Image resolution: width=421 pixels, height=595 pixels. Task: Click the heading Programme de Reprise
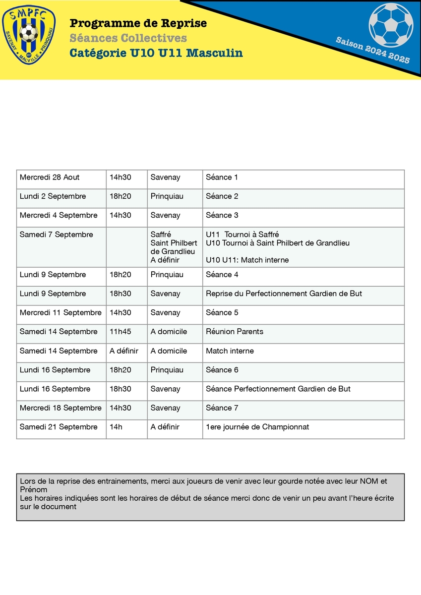[x=138, y=23]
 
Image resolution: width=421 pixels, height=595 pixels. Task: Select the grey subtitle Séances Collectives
[x=128, y=38]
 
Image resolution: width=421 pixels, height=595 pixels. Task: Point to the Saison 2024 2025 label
[x=373, y=50]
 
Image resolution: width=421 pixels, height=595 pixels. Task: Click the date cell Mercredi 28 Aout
[x=50, y=178]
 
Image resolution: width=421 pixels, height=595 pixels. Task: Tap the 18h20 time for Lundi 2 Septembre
[x=120, y=196]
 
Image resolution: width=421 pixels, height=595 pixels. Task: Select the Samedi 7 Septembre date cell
[x=56, y=235]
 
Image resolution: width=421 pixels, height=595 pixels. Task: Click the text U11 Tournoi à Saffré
[x=242, y=235]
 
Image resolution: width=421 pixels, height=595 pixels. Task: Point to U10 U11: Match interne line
[x=247, y=260]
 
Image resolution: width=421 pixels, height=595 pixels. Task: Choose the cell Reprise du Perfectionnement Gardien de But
[x=284, y=294]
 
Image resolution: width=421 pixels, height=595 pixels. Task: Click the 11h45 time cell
[x=120, y=332]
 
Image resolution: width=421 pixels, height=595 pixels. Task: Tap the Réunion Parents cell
[x=235, y=332]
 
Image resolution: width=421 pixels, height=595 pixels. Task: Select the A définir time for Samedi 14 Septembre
[x=124, y=351]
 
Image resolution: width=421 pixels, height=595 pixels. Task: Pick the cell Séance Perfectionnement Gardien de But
[x=278, y=389]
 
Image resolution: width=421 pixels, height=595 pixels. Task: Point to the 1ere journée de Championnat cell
[x=257, y=427]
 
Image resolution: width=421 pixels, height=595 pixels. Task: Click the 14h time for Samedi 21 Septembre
[x=116, y=427]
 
